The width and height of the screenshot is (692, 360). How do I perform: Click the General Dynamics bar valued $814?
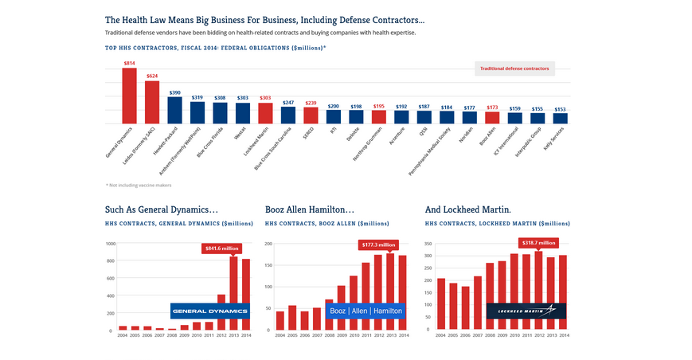tap(129, 96)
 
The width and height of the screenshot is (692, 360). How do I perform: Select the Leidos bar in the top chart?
tap(152, 102)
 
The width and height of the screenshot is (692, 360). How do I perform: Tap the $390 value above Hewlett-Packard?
tap(174, 92)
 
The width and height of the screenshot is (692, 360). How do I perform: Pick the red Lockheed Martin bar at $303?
tap(265, 113)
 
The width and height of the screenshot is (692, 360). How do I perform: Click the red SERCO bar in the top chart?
tap(311, 115)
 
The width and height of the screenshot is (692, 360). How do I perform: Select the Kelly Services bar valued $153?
tap(560, 118)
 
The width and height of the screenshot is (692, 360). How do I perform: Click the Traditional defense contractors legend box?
tap(514, 68)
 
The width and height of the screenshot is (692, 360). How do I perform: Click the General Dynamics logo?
tap(210, 311)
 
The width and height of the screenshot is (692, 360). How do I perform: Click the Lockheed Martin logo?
tap(526, 311)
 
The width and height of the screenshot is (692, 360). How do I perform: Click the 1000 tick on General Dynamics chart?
tap(110, 244)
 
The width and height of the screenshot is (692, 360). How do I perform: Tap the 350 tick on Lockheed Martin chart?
tap(428, 244)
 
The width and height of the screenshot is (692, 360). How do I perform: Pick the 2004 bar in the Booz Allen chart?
tap(280, 320)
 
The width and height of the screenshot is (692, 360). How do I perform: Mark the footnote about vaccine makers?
tap(139, 185)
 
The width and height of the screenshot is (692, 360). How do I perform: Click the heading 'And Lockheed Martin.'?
tap(468, 209)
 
